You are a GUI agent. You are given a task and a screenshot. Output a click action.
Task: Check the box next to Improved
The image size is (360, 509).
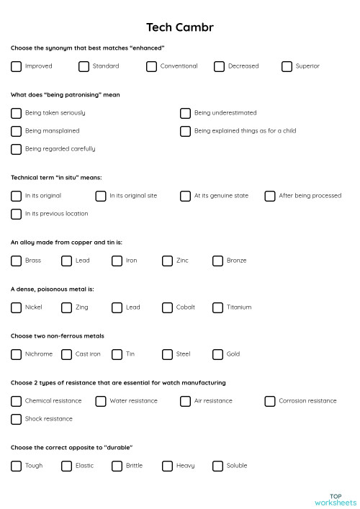pos(16,66)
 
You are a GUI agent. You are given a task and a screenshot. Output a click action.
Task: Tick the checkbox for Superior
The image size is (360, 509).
pos(287,66)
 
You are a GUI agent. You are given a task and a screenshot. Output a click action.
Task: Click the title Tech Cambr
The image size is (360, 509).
pos(180,27)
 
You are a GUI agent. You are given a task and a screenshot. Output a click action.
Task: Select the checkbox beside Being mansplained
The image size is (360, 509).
pos(16,131)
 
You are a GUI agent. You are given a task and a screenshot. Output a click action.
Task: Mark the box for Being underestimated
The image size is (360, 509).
pos(185,113)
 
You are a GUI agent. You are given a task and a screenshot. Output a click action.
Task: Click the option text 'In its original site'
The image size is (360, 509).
pos(133,196)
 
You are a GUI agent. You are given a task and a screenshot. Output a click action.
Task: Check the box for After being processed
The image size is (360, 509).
pos(270,196)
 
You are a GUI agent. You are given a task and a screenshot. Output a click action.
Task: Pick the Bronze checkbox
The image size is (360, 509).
pos(217,261)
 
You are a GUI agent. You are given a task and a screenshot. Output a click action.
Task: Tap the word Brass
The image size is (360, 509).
pos(33,261)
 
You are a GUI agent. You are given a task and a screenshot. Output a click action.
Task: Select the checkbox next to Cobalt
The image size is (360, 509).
pos(167,307)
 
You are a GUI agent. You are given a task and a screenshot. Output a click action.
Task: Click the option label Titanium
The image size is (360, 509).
pos(239,307)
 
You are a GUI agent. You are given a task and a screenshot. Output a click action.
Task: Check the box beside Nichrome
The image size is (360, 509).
pos(16,354)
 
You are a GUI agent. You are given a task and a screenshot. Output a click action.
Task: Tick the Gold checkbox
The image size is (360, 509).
pos(217,354)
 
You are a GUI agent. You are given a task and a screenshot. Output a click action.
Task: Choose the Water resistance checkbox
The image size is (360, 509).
pos(101,401)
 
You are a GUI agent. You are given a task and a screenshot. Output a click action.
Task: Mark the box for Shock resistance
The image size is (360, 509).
pos(16,419)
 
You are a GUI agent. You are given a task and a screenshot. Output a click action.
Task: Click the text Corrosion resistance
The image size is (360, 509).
pos(307,401)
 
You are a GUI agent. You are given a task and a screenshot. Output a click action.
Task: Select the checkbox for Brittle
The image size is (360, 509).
pos(117,466)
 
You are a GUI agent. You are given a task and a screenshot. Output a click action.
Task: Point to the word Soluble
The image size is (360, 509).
pos(237,466)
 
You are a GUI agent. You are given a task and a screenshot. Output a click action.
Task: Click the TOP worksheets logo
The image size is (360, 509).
pos(336,500)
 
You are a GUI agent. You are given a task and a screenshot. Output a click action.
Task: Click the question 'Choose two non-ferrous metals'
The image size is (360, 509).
pos(58,335)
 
